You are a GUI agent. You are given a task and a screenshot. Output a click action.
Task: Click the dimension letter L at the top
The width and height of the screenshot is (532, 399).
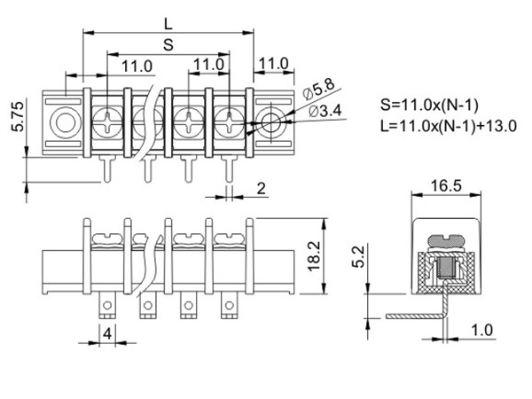point(168,24)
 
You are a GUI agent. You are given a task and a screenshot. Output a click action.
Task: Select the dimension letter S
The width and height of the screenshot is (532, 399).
point(168,44)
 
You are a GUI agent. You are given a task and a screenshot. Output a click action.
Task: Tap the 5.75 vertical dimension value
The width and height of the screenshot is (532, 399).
point(18,116)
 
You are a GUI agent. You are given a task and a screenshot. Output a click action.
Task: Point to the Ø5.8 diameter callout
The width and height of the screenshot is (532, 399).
point(318,89)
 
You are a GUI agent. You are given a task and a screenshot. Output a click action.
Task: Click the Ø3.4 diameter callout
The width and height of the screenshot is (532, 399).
point(325,111)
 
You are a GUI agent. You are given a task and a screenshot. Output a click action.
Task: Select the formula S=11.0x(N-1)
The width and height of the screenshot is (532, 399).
point(429,105)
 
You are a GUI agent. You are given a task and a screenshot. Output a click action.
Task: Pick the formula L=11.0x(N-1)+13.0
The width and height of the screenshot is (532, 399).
point(448,126)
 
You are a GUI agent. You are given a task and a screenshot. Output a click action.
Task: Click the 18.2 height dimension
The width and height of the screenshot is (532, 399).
point(314,256)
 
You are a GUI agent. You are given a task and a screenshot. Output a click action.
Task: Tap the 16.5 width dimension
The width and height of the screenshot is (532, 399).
point(446,186)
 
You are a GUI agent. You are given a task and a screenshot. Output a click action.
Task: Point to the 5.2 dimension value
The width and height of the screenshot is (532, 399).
point(358,256)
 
